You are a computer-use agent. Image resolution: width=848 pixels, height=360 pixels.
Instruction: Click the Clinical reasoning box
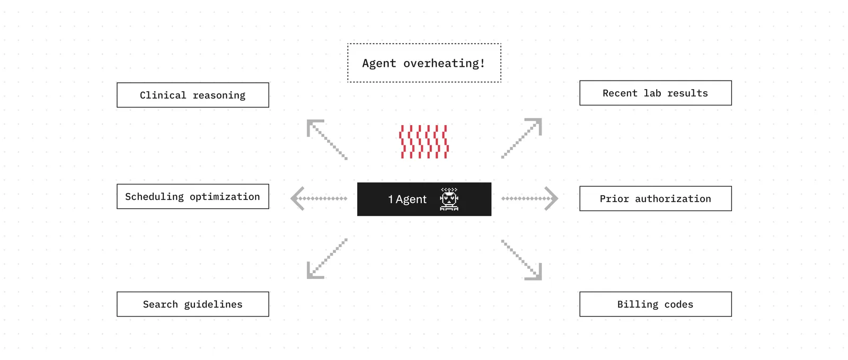pos(193,95)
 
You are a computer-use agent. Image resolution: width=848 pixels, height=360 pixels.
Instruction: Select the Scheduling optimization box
pos(193,197)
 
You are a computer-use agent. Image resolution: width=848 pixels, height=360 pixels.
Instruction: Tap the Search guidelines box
pos(193,304)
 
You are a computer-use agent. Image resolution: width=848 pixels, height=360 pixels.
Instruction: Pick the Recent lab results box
pos(655,93)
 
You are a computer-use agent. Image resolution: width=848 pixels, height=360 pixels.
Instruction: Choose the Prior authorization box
pos(655,199)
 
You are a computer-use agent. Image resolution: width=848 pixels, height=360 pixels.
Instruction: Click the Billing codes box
pos(655,304)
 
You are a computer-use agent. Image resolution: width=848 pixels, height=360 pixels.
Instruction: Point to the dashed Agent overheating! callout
pos(424,63)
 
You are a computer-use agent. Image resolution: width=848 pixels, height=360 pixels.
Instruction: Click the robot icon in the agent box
pos(449,199)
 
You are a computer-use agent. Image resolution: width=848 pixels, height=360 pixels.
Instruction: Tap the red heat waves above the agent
pos(424,142)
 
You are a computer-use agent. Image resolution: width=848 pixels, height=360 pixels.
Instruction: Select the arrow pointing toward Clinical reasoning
pos(326,139)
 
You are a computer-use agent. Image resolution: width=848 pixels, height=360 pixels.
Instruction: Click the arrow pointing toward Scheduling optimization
pos(319,198)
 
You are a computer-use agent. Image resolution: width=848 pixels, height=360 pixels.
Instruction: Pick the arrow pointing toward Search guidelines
pos(326,259)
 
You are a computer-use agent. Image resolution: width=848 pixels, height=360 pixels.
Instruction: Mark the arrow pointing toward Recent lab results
pos(522,138)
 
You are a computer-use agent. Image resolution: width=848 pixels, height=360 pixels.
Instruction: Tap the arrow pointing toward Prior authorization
pos(529,198)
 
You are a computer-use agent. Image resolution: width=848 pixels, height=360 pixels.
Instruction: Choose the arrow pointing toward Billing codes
pos(522,260)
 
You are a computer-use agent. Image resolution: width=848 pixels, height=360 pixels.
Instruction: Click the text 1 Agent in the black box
pos(408,199)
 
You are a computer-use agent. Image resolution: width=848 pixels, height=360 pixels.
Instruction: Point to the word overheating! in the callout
pos(444,63)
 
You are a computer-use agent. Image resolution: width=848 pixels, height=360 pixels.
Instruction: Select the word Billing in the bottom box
pos(638,304)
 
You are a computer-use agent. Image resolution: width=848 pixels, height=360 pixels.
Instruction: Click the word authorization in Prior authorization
pos(673,199)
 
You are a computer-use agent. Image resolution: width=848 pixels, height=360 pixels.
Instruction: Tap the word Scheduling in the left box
pos(154,197)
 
